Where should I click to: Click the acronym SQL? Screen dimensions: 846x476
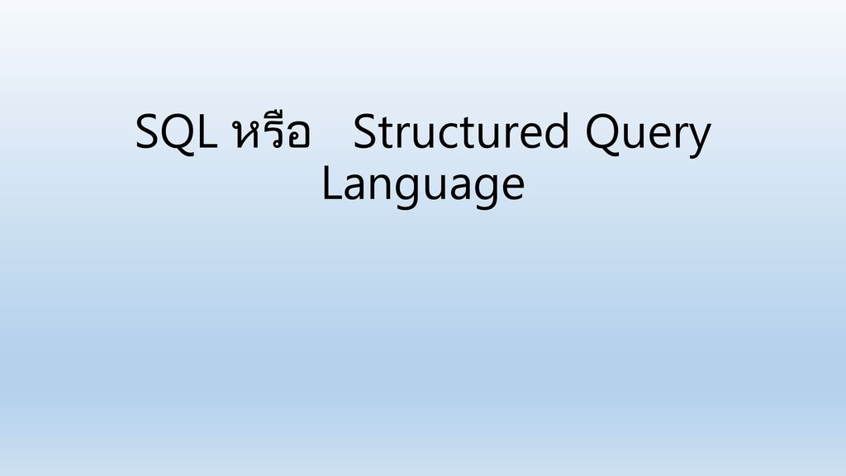(176, 132)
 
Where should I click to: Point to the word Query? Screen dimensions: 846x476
(648, 135)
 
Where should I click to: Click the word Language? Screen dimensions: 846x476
(423, 185)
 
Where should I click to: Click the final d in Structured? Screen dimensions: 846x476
(557, 130)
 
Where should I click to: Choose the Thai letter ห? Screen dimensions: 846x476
(245, 135)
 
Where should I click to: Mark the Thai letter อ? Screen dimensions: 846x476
(299, 136)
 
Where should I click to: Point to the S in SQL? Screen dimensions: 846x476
(147, 131)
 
